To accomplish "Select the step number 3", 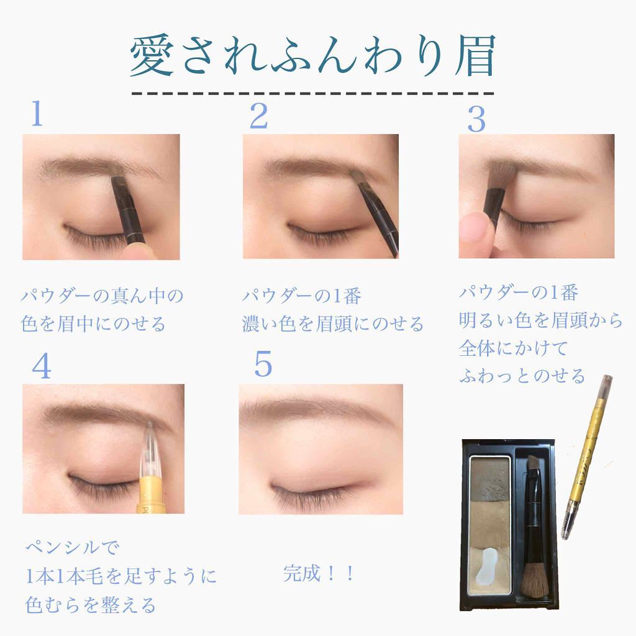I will [x=476, y=120].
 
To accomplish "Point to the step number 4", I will [x=41, y=368].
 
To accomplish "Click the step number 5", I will [x=263, y=365].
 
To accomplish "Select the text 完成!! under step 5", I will [x=319, y=573].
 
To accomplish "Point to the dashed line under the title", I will [x=313, y=94].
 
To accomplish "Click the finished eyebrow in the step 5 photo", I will [x=311, y=410].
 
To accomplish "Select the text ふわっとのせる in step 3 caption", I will [x=522, y=376].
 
